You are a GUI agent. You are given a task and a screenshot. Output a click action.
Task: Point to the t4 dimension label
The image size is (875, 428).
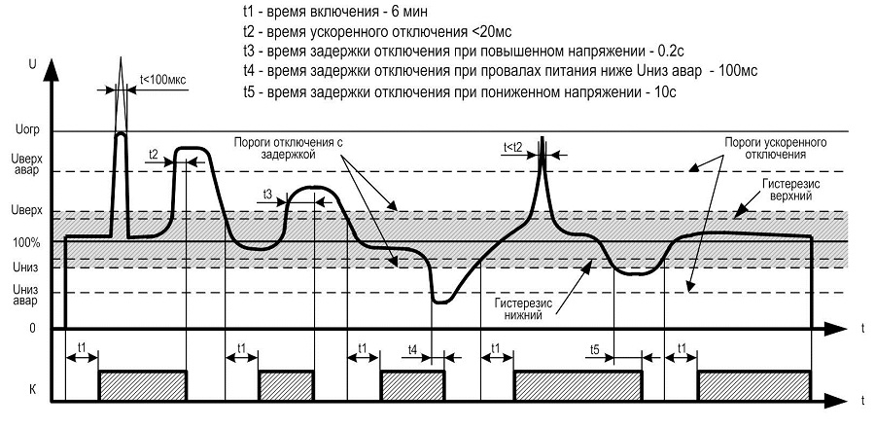(x=412, y=348)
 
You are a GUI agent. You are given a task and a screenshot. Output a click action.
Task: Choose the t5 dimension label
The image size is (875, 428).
(x=595, y=348)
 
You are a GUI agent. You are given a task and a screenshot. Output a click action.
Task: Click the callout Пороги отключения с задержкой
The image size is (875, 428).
(x=291, y=147)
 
